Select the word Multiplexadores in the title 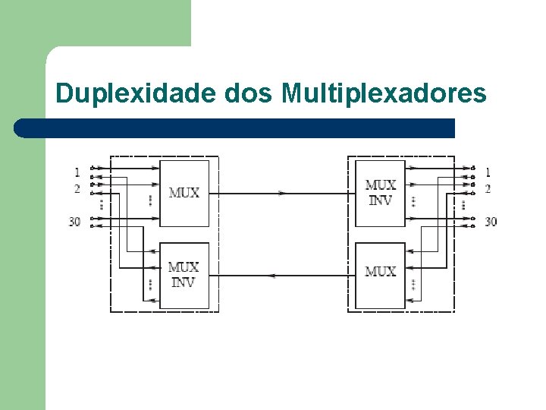click(x=384, y=93)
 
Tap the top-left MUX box click(x=184, y=193)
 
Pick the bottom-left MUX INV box click(x=184, y=275)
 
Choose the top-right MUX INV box click(x=380, y=193)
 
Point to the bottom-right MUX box click(x=380, y=272)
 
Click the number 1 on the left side click(x=77, y=172)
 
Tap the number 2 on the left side click(x=77, y=188)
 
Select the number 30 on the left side click(x=74, y=222)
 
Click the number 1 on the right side click(x=488, y=172)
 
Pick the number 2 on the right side click(x=488, y=188)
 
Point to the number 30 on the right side click(x=491, y=222)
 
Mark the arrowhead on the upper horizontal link click(x=282, y=194)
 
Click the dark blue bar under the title click(x=235, y=128)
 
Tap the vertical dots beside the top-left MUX click(x=151, y=200)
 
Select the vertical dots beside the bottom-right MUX click(x=413, y=285)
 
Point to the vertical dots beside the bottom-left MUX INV click(x=151, y=285)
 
